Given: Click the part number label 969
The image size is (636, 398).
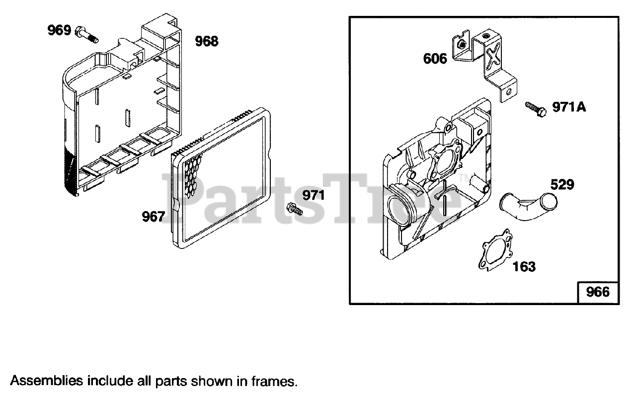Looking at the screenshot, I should (x=59, y=30).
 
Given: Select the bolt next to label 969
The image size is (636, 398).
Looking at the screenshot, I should (x=87, y=35).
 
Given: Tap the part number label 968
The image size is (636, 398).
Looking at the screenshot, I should (x=206, y=41).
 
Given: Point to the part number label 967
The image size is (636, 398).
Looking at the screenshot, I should (x=153, y=217).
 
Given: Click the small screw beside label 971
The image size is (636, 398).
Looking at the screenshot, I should (x=295, y=209).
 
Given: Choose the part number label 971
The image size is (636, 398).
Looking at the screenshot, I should (x=314, y=195).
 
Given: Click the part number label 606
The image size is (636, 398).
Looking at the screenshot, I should (x=435, y=59).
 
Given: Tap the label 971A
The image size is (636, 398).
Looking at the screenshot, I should (x=569, y=107).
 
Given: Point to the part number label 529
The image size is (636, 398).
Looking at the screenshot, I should (x=562, y=185).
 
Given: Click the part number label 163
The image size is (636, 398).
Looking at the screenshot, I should (x=524, y=267).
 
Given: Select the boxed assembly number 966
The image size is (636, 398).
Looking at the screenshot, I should (x=598, y=292).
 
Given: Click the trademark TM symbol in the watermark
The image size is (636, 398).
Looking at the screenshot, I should (x=464, y=178).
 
